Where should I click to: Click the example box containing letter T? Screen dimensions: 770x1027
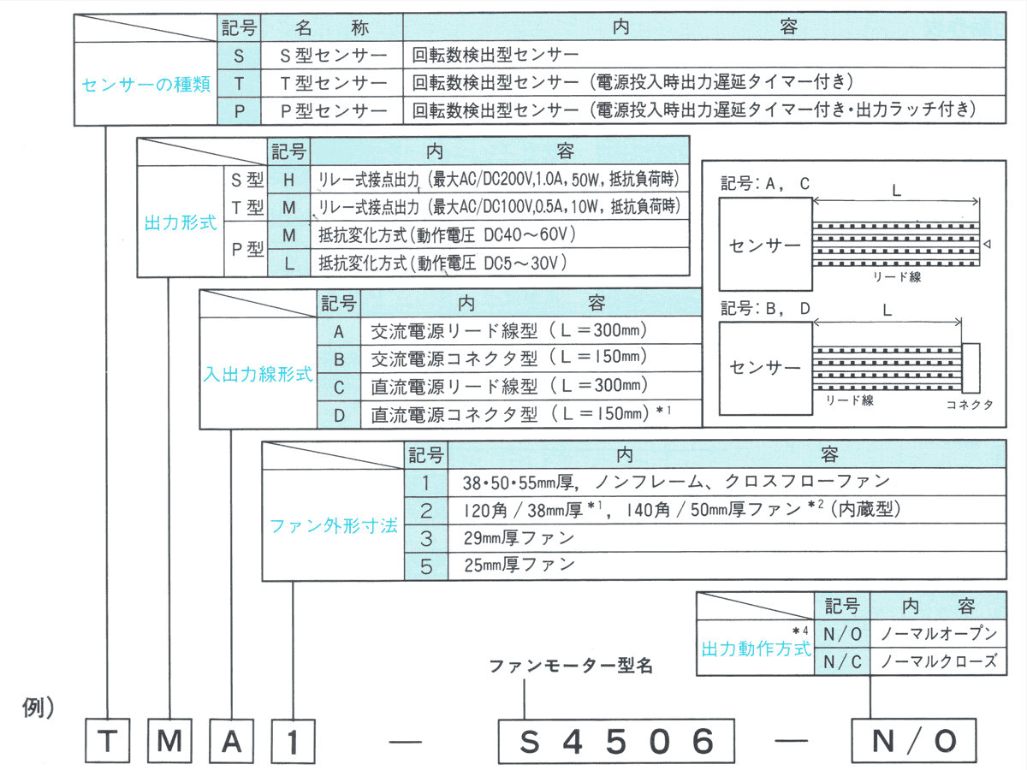point(107,740)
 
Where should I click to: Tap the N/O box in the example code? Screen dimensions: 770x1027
point(913,740)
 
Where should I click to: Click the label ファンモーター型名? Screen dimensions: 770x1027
point(571,666)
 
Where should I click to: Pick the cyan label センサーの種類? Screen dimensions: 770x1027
point(145,85)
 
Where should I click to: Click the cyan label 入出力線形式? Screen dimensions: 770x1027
point(258,374)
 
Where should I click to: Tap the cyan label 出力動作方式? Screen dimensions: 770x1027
point(756,649)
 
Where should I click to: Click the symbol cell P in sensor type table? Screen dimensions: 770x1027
point(240,110)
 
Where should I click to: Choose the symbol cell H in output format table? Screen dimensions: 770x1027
point(289,181)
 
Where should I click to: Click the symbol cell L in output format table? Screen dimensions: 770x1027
point(289,263)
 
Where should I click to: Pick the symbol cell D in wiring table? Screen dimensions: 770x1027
point(339,415)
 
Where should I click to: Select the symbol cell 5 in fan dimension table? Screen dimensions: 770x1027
point(426,565)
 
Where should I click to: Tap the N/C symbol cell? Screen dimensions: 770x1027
point(842,661)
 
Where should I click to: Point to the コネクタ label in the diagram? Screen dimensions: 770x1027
point(970,406)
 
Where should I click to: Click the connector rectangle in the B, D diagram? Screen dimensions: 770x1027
point(971,366)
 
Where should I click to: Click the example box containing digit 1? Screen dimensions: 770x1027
point(293,740)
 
